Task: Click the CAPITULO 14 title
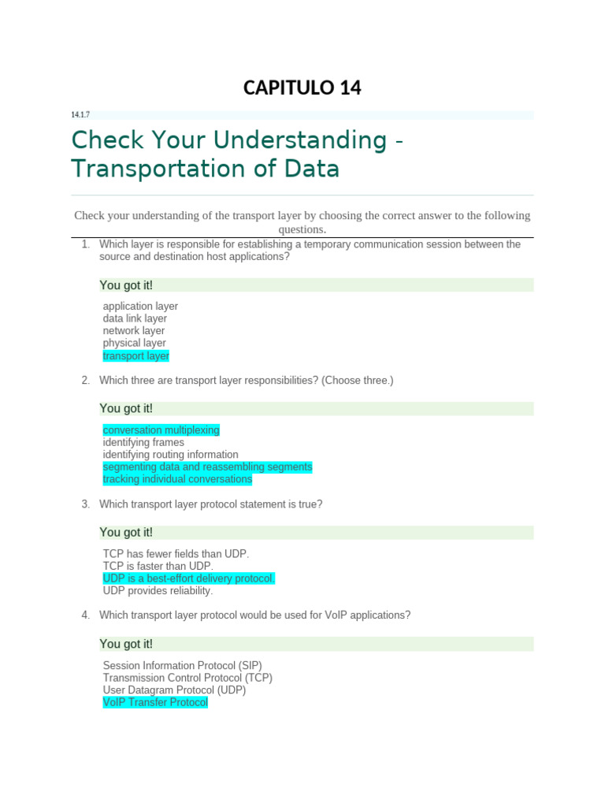click(302, 87)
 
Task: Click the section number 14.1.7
click(80, 115)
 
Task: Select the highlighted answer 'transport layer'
click(136, 355)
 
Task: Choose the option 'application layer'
click(140, 306)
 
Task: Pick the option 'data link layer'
click(135, 318)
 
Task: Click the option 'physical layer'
click(134, 343)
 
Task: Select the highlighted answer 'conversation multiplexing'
click(161, 430)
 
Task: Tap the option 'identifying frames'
click(143, 442)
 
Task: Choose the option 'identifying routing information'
click(170, 455)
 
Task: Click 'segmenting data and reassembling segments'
click(207, 467)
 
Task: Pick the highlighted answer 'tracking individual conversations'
click(177, 479)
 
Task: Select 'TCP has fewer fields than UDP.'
click(176, 553)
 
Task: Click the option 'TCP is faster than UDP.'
click(158, 566)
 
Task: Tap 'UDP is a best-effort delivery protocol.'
click(189, 578)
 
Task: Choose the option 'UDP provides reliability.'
click(158, 590)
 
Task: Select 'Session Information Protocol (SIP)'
click(182, 665)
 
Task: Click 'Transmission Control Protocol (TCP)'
click(187, 678)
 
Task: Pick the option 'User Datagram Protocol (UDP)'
click(174, 690)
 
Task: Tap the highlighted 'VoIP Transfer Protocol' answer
click(155, 702)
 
